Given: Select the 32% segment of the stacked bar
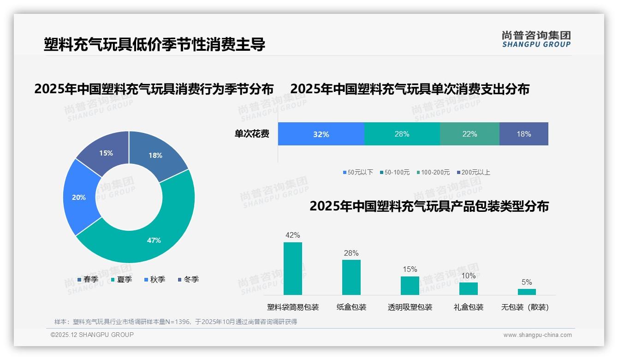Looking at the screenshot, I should pyautogui.click(x=321, y=134).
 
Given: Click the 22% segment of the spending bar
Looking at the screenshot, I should pyautogui.click(x=469, y=134).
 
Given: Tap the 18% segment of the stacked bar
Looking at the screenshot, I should pyautogui.click(x=524, y=134).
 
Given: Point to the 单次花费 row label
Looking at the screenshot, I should pyautogui.click(x=252, y=134).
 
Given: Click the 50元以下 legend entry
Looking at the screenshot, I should pyautogui.click(x=358, y=173).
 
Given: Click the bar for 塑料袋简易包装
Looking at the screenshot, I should pyautogui.click(x=293, y=269).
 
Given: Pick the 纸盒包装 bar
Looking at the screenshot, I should pyautogui.click(x=351, y=277).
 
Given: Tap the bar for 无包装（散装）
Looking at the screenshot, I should pyautogui.click(x=527, y=292).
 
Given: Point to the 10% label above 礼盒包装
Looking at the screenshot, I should pyautogui.click(x=469, y=276).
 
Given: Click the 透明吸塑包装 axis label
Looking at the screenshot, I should pyautogui.click(x=410, y=307).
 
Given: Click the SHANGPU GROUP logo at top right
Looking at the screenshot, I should pyautogui.click(x=536, y=39).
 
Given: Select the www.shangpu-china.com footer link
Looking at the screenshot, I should pyautogui.click(x=537, y=335).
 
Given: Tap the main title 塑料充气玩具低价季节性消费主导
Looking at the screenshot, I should pyautogui.click(x=154, y=45).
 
